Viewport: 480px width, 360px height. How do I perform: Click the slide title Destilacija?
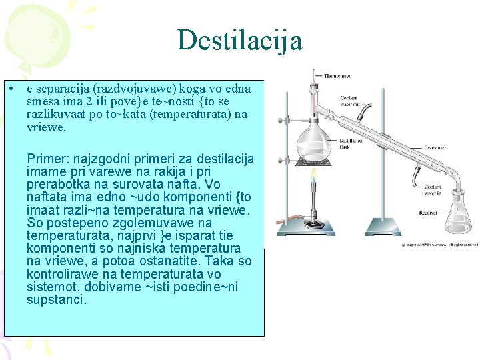click(239, 40)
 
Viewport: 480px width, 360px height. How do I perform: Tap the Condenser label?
click(435, 147)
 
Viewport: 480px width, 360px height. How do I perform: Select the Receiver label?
click(428, 213)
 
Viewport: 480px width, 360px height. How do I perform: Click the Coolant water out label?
click(351, 101)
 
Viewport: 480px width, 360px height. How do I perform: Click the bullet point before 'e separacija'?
click(13, 89)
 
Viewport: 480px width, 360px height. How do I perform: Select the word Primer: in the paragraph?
click(48, 159)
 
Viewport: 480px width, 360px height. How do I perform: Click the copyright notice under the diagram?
click(440, 245)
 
